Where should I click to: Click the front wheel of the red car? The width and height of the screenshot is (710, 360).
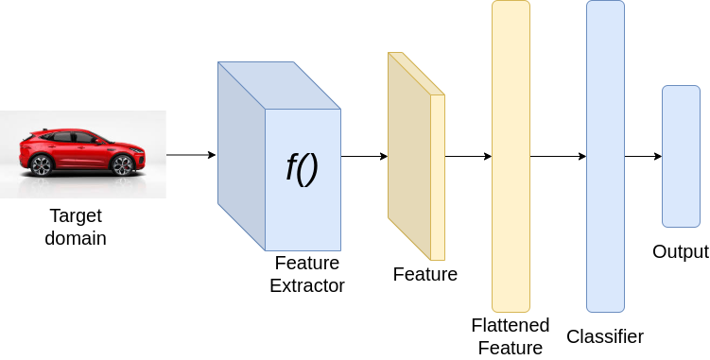[122, 165]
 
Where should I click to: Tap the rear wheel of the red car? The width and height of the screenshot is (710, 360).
[41, 165]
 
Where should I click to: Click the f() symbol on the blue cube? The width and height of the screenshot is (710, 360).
[302, 167]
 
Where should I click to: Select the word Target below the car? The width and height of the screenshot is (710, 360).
[76, 216]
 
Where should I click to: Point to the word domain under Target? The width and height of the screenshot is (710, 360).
[76, 238]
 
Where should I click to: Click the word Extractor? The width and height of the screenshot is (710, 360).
[307, 285]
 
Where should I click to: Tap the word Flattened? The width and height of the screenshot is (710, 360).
[511, 325]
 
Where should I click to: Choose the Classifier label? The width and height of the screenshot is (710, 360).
[605, 336]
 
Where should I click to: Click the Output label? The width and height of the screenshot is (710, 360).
[681, 251]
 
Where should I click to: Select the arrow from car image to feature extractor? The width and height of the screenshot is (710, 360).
[191, 155]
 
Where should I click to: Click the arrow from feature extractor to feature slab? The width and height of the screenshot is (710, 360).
[364, 156]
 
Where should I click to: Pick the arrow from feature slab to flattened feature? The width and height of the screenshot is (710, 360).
[468, 156]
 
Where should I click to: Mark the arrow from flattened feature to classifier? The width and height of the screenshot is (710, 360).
[559, 156]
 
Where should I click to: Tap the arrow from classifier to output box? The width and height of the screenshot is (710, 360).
[644, 156]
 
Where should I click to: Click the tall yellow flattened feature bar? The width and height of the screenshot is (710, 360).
[511, 156]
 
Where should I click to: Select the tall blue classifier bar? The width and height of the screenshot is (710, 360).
[605, 156]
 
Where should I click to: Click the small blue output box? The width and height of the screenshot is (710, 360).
[681, 156]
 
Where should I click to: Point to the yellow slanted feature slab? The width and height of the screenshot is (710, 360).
[416, 156]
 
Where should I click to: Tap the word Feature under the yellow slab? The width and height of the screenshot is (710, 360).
[425, 274]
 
